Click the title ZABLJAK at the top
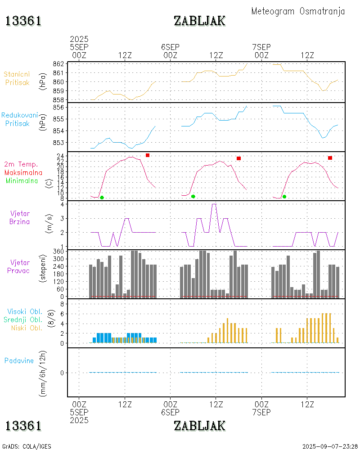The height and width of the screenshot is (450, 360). (x=199, y=21)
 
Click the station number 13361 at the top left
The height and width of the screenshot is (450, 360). (x=23, y=21)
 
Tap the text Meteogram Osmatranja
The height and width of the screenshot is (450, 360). (x=298, y=11)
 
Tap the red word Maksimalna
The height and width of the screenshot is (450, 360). (x=23, y=172)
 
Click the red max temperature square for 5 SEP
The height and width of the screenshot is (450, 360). (x=148, y=155)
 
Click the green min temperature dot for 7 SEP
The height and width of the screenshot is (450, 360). (x=284, y=197)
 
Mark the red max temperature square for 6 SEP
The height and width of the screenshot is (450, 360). (x=239, y=158)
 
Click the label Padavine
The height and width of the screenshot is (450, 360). (x=19, y=360)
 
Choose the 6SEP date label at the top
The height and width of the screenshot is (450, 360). (x=170, y=47)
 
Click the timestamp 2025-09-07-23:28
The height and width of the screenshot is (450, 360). (x=330, y=446)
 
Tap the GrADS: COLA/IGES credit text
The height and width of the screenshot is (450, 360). (x=27, y=446)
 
